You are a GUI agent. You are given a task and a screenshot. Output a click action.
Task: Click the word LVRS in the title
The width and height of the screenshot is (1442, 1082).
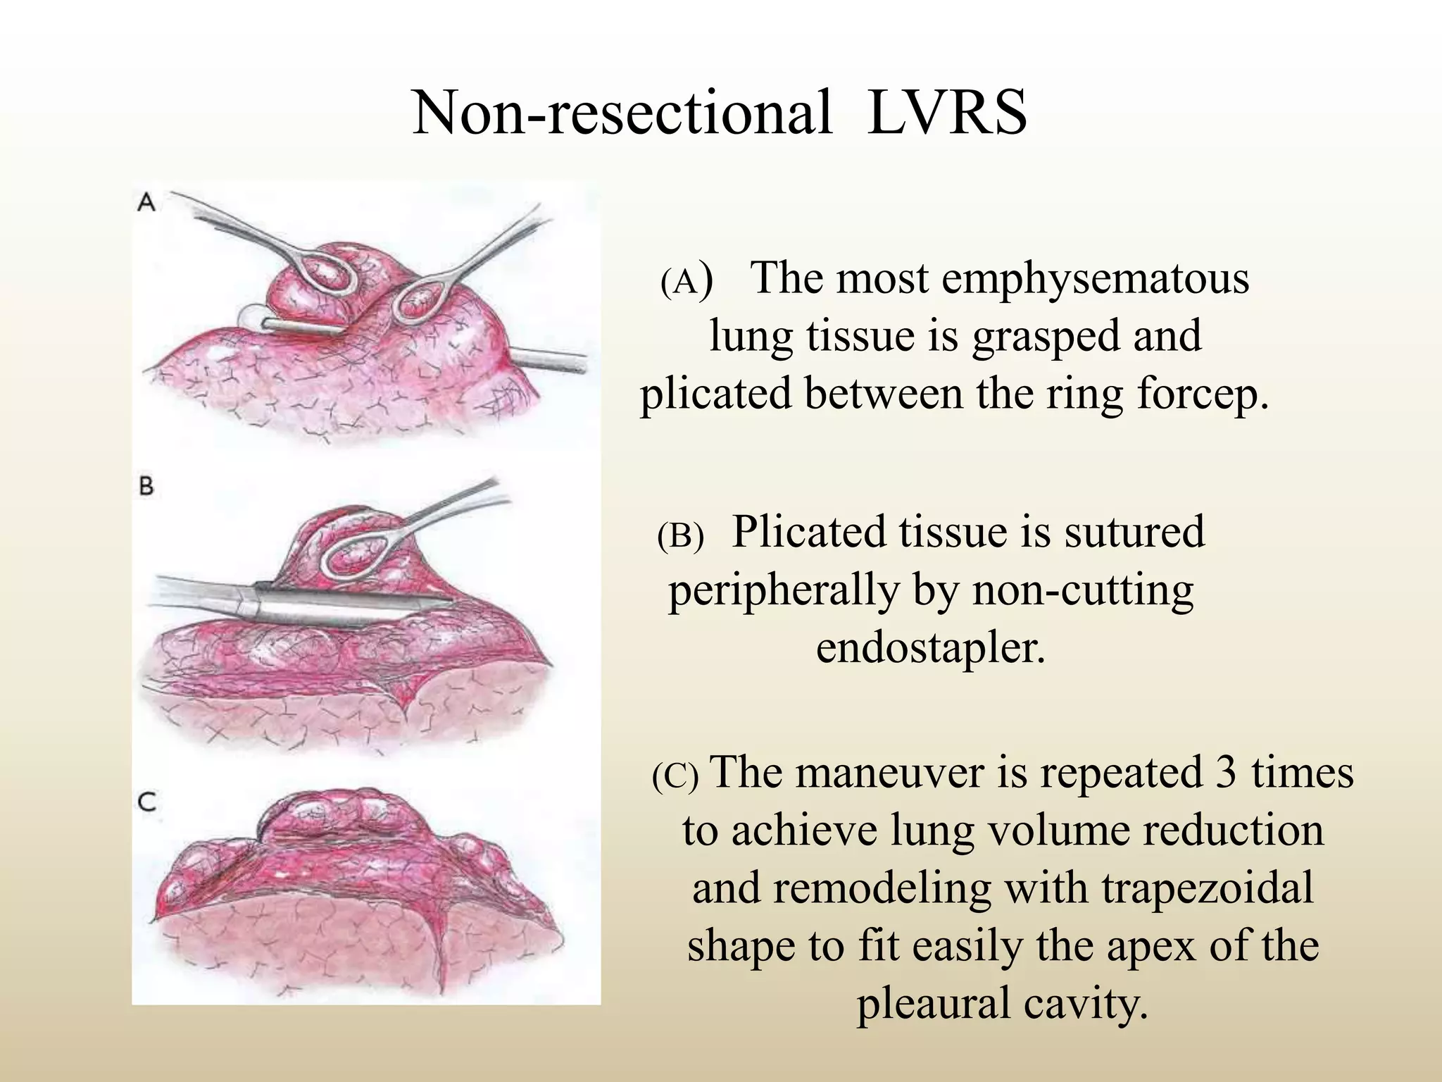[947, 113]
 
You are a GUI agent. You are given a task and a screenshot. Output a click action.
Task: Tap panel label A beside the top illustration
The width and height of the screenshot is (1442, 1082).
[146, 203]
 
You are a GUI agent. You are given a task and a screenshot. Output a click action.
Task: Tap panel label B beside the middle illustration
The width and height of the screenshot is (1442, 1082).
[146, 486]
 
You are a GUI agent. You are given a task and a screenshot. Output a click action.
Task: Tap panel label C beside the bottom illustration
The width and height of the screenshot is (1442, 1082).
[146, 802]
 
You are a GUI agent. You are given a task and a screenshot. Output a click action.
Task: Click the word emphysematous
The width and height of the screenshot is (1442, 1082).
[1095, 278]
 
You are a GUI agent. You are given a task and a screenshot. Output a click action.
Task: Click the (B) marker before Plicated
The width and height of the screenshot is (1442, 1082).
[680, 537]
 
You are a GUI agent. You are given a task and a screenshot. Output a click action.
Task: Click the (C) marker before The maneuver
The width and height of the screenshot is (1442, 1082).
[675, 777]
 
